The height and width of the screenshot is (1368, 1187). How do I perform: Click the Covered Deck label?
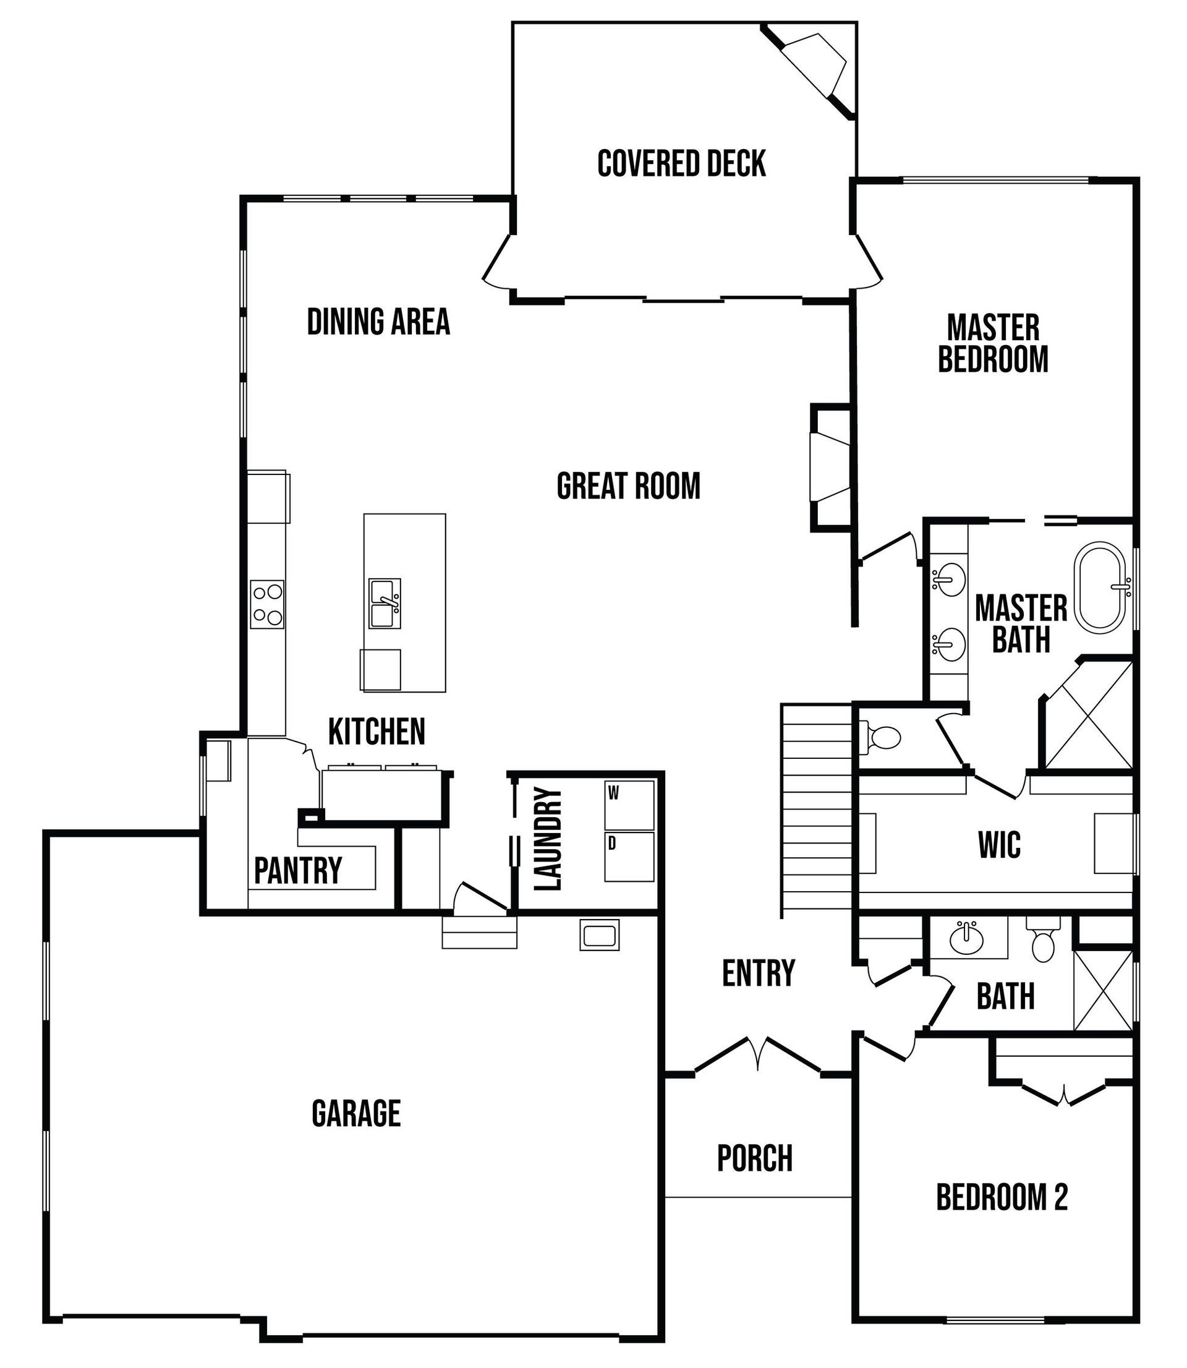(681, 164)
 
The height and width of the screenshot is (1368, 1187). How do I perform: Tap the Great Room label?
(628, 485)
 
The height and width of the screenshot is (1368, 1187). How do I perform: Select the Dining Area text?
(378, 322)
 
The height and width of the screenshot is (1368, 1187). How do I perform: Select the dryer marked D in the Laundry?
(629, 857)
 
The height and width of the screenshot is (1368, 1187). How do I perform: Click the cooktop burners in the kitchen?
(267, 604)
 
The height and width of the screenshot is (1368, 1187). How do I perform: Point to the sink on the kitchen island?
(385, 603)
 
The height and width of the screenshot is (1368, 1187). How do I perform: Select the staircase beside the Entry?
(817, 810)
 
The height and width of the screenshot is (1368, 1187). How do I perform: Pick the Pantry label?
(298, 870)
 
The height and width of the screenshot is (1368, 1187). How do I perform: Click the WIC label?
(999, 845)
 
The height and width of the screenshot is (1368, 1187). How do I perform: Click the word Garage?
(356, 1113)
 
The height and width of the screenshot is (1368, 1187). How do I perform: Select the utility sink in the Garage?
(599, 934)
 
